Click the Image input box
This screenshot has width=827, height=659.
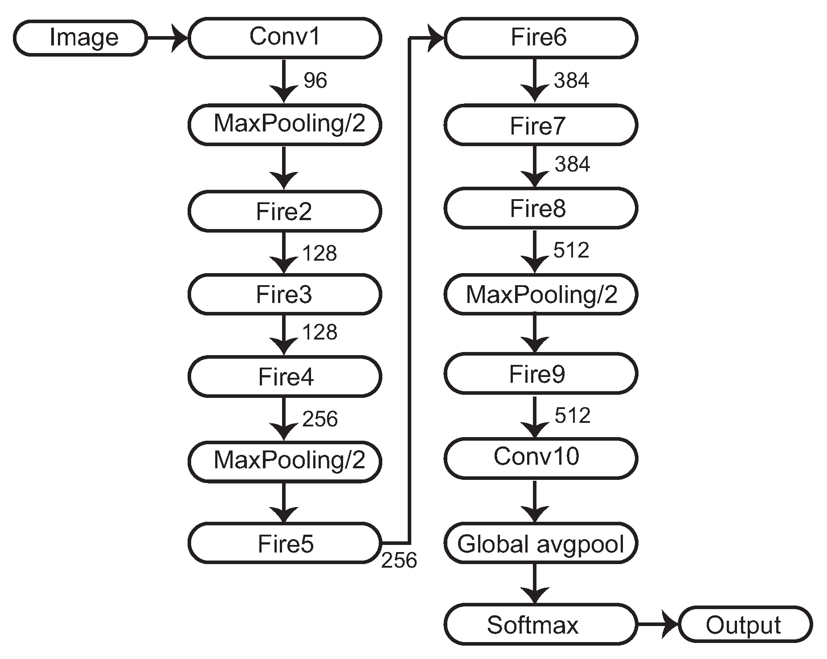80,38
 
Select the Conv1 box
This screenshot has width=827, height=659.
284,38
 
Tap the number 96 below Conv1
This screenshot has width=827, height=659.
315,81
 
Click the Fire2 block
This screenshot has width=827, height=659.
284,211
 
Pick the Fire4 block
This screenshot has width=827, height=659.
284,377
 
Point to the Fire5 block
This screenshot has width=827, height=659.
284,544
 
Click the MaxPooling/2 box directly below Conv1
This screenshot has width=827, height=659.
284,124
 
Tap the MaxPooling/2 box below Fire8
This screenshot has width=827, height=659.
540,295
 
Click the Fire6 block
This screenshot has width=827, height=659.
540,38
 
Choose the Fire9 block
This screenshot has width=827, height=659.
540,373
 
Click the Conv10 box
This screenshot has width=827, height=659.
540,458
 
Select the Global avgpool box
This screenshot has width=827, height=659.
540,544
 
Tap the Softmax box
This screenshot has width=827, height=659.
540,625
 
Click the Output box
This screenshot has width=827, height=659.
744,625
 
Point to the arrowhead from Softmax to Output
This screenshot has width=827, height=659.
670,625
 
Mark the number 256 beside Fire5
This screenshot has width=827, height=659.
399,561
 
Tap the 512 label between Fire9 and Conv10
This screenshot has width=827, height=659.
573,416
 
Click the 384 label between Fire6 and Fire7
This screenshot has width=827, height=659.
572,81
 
